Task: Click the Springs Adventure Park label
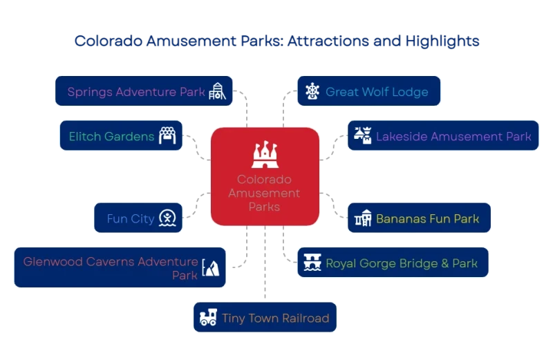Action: pos(135,92)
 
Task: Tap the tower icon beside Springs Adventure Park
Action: pos(219,93)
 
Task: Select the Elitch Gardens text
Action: pos(111,136)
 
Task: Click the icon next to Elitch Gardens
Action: pos(169,136)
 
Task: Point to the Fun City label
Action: pos(130,219)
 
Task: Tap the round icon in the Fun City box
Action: pos(167,218)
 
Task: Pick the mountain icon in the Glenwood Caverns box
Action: pos(212,267)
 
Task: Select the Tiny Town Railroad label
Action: pos(275,319)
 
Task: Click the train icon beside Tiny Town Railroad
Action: pos(207,318)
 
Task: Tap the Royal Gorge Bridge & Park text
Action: pos(402,263)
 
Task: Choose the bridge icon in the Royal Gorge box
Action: pos(312,263)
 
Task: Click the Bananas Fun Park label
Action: pos(427,219)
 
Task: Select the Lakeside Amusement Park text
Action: pos(453,136)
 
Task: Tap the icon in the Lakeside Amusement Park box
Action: pos(363,135)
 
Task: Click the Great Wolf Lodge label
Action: pos(377,92)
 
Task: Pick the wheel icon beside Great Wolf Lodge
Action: pos(312,91)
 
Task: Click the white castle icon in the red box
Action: pos(264,156)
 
